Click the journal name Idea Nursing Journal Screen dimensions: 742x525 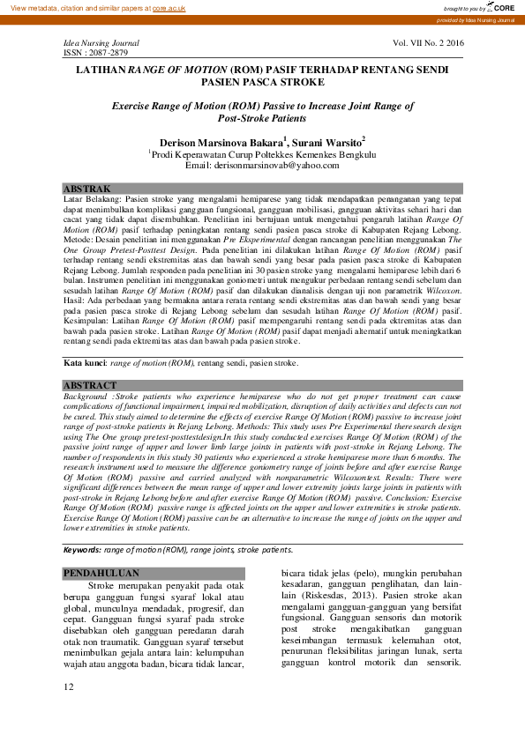(x=100, y=42)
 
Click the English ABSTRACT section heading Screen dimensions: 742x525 (x=90, y=386)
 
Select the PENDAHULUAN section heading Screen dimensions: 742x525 (x=101, y=574)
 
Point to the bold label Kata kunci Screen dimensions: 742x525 (x=85, y=362)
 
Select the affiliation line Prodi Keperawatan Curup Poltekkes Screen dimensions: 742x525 (x=262, y=154)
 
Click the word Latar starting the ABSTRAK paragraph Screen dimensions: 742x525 (x=73, y=200)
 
